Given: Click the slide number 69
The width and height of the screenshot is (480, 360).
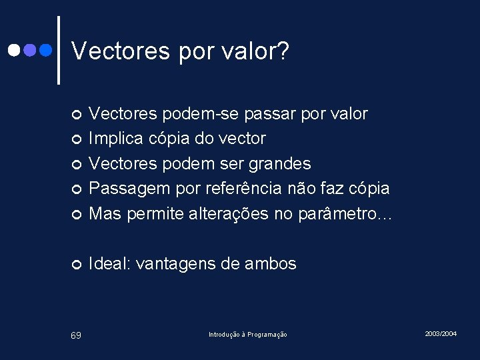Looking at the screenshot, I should pyautogui.click(x=76, y=335).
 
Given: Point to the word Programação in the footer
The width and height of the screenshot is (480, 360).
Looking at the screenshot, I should pyautogui.click(x=266, y=334).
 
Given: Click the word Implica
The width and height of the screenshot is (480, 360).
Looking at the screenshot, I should pyautogui.click(x=115, y=139).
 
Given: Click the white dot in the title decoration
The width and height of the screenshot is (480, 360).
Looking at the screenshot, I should pyautogui.click(x=13, y=50).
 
